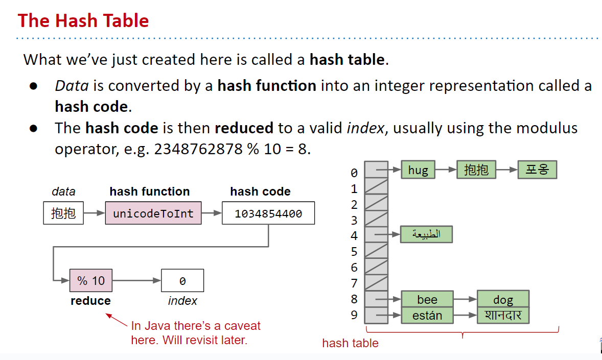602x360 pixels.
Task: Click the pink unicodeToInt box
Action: click(153, 213)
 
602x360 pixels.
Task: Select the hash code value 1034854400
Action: click(268, 213)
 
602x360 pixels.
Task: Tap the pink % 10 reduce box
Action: click(91, 280)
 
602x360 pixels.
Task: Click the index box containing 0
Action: click(182, 280)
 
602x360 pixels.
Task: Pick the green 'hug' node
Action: click(418, 170)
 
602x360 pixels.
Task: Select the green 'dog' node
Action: click(503, 299)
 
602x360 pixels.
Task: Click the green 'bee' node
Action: click(427, 299)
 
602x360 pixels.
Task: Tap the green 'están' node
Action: click(427, 315)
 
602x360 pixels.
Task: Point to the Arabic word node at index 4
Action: click(427, 234)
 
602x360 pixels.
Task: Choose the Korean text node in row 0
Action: click(537, 170)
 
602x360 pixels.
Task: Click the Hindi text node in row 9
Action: click(503, 315)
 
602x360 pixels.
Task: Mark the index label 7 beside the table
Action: click(354, 283)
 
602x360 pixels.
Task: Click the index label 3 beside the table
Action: click(354, 220)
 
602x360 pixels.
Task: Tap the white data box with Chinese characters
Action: click(63, 213)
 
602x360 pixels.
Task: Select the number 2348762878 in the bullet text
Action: click(198, 149)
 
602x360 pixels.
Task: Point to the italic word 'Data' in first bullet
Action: click(72, 86)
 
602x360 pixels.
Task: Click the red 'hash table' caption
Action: click(350, 343)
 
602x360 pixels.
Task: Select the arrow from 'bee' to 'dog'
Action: click(466, 299)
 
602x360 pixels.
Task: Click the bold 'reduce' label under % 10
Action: click(90, 301)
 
